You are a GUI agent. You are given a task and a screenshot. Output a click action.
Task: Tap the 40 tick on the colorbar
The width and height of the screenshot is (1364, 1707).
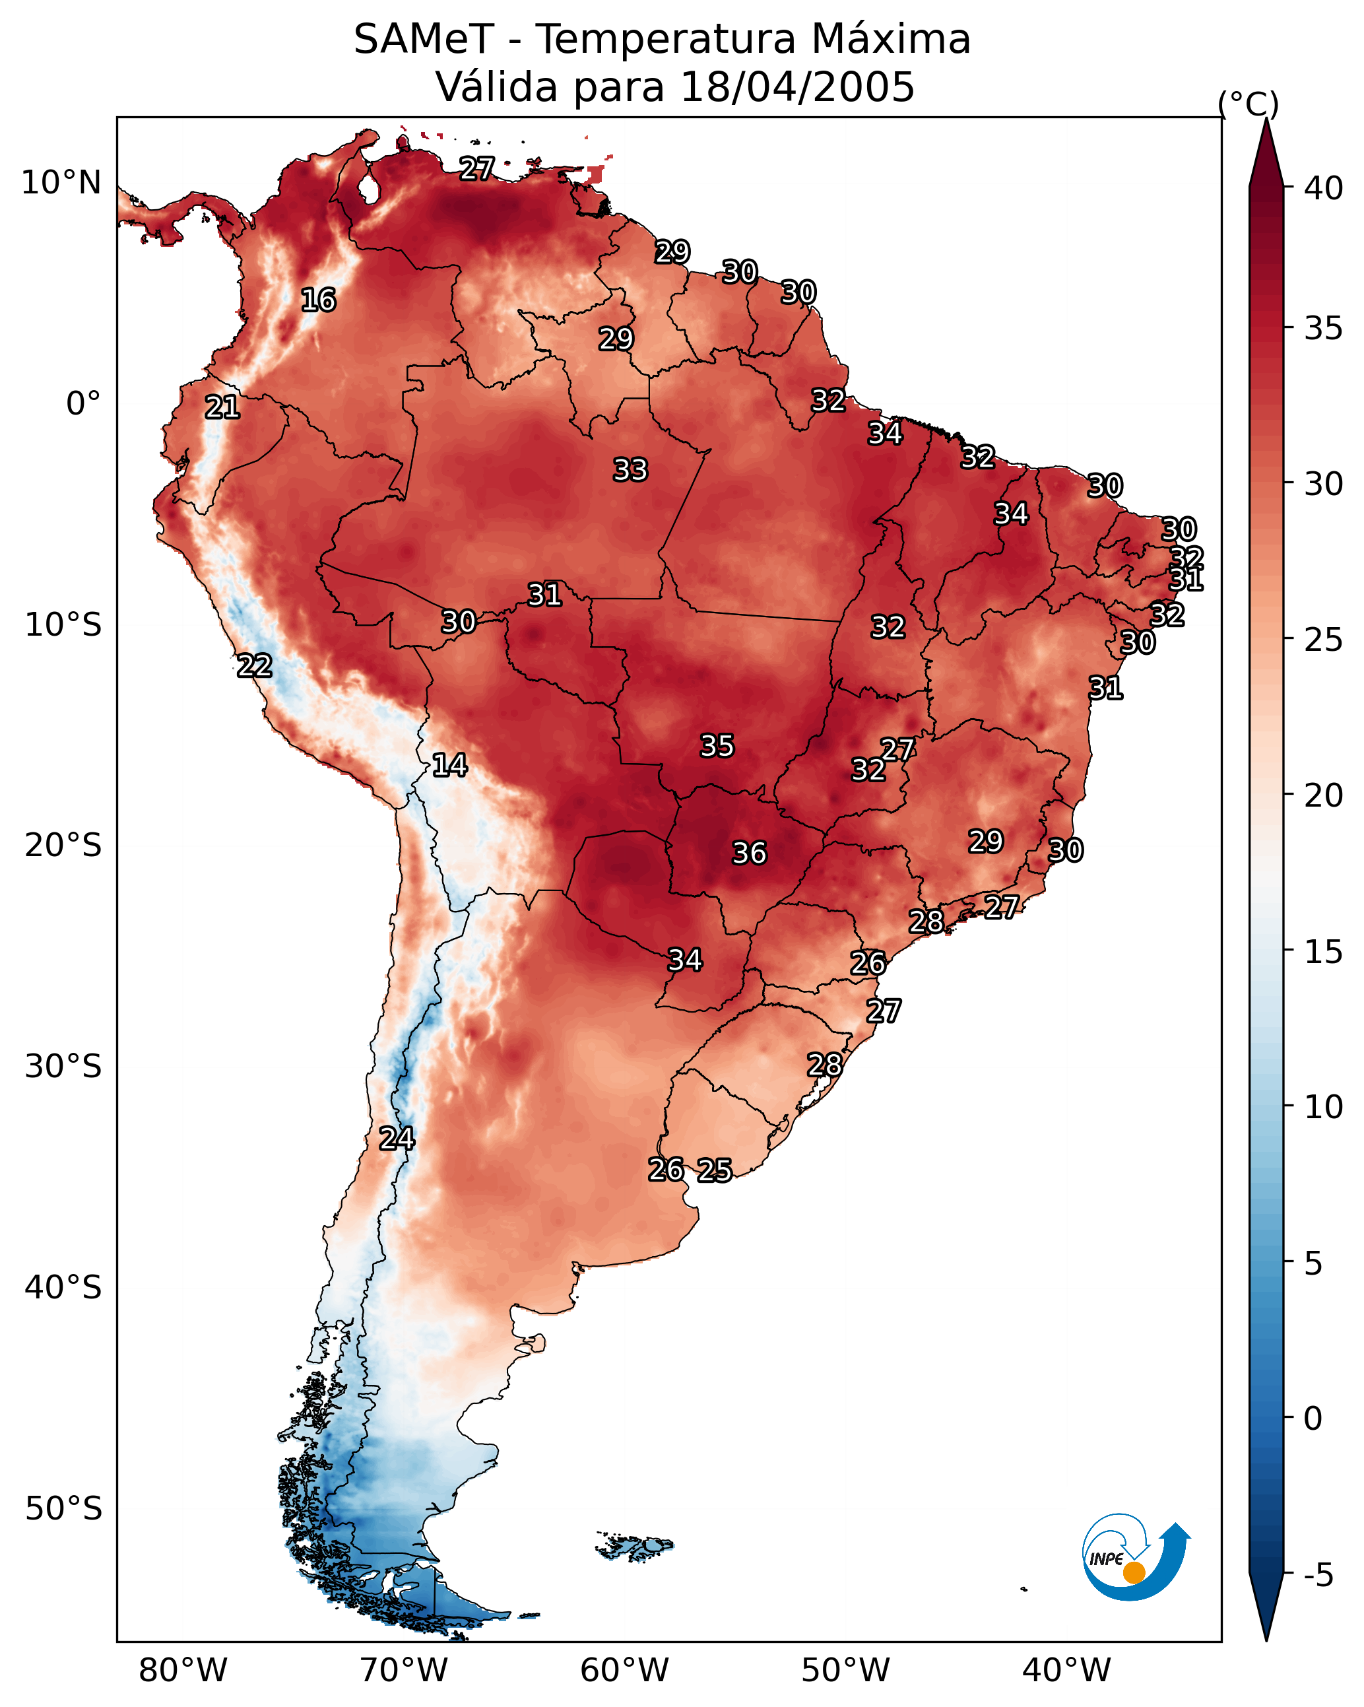[1323, 188]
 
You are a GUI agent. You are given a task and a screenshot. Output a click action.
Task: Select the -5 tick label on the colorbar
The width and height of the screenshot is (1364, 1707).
[1317, 1575]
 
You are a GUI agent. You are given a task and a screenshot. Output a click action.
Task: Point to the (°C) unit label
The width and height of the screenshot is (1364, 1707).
[1248, 104]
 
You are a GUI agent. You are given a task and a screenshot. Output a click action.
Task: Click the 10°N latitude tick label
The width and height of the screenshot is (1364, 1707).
[61, 183]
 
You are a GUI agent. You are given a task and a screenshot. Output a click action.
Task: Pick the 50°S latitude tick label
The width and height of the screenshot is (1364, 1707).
[63, 1509]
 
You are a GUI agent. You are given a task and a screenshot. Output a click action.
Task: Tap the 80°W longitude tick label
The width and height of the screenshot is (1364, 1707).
[183, 1670]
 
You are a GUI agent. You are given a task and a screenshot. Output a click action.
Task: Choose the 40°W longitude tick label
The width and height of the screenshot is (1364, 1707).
[1066, 1670]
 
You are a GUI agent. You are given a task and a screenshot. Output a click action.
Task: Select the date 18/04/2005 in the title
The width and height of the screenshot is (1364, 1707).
[796, 87]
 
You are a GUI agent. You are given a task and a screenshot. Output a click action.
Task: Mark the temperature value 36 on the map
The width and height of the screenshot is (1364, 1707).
[749, 853]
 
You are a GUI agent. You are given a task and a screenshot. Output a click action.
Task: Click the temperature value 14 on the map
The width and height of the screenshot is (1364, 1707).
[449, 765]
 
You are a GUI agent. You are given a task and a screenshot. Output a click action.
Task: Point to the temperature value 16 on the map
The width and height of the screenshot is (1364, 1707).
[318, 300]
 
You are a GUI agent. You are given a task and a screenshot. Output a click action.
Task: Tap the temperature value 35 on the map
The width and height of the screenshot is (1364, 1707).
[717, 746]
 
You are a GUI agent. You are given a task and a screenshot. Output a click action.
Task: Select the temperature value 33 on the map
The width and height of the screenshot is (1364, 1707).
[630, 470]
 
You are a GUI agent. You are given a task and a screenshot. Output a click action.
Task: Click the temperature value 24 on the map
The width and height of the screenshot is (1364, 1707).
[396, 1139]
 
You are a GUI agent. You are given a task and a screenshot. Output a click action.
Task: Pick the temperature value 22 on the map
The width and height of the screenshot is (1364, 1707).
[254, 666]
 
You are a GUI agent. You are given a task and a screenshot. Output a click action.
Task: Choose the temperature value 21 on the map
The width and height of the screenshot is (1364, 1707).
[222, 408]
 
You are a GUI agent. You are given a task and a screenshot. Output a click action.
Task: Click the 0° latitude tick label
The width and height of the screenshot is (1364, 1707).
[83, 404]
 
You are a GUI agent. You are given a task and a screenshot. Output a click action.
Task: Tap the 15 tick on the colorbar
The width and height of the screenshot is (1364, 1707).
[1323, 952]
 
